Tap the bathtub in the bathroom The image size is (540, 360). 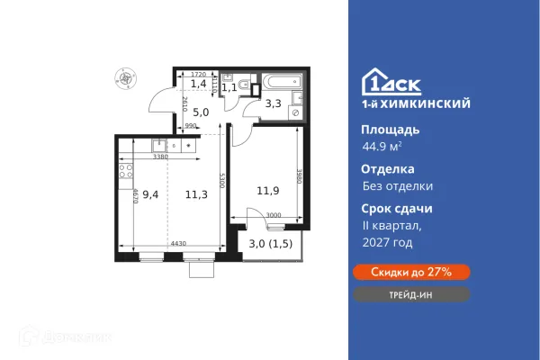click(x=279, y=89)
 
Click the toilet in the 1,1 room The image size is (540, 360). click(x=229, y=76)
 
